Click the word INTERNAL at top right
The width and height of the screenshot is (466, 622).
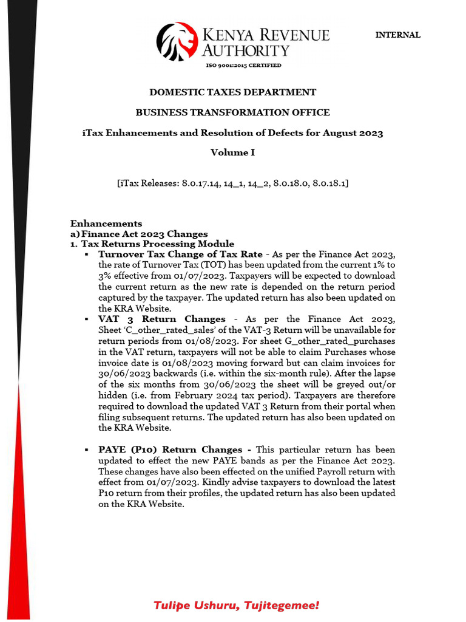[x=397, y=35]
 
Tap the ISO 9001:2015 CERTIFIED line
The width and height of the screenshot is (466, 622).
[x=243, y=66]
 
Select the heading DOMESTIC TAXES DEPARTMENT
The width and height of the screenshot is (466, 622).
[x=233, y=92]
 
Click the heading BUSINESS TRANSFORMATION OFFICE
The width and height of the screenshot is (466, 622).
[x=233, y=112]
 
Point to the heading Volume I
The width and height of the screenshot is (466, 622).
[x=233, y=152]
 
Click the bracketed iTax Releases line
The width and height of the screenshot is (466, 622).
[x=233, y=183]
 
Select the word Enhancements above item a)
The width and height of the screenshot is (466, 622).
[x=106, y=224]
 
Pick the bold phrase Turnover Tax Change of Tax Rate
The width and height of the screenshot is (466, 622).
[x=180, y=254]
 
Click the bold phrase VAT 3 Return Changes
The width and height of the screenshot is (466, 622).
[x=161, y=319]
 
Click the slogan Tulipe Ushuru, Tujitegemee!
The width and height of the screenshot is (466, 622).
[x=236, y=606]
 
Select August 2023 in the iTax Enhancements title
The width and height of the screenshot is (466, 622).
[x=353, y=132]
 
